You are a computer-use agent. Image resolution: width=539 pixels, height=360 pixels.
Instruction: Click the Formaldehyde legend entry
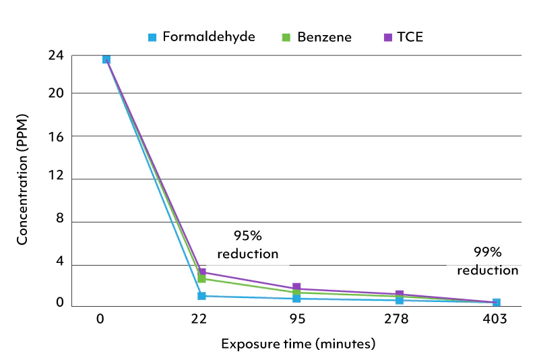[201, 37]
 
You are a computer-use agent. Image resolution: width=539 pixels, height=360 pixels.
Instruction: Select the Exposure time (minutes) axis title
[298, 344]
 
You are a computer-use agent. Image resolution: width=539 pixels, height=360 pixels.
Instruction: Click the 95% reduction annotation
[247, 245]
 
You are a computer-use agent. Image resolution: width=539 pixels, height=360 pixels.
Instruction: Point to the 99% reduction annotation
[488, 261]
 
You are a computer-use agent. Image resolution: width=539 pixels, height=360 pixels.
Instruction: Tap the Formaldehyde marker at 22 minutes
[201, 296]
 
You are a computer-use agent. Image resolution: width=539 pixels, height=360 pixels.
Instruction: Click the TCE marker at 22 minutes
[201, 272]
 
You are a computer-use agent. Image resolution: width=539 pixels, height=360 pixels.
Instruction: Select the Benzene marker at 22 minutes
[201, 279]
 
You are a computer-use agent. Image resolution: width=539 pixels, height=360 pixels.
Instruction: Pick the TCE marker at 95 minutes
[296, 288]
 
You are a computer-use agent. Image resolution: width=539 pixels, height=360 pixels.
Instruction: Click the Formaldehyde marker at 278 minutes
[400, 300]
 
